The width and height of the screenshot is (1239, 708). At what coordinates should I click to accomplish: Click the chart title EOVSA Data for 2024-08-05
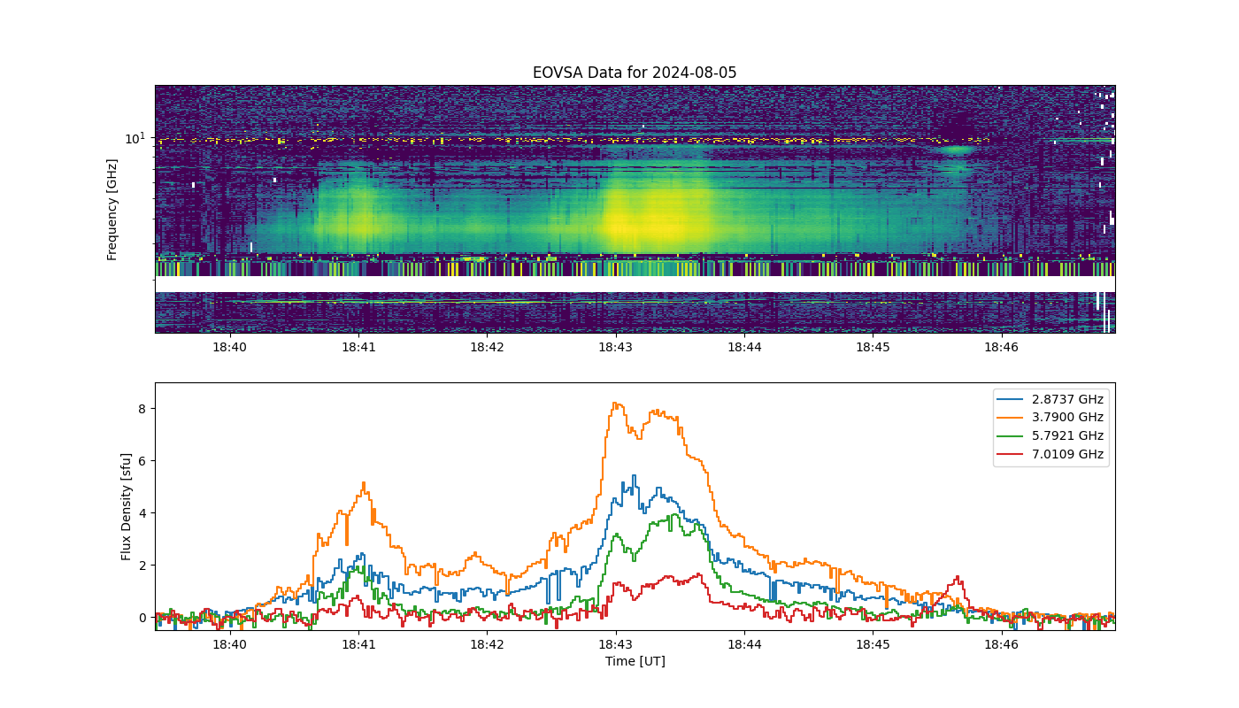635,73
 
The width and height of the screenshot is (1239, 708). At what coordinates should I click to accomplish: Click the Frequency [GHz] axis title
112,210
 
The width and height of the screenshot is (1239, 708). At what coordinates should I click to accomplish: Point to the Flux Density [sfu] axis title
126,506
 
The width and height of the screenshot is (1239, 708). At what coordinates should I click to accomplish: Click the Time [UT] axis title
635,661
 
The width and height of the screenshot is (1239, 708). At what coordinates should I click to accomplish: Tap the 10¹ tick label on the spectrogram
135,138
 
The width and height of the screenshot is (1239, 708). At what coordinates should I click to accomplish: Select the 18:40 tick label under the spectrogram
229,347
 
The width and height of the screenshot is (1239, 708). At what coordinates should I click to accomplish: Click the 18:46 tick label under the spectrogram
1001,347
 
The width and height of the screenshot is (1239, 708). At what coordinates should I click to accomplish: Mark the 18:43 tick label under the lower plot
616,644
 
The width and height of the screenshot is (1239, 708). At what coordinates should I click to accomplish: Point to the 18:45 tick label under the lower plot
873,644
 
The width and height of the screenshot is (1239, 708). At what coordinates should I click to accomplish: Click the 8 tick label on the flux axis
142,409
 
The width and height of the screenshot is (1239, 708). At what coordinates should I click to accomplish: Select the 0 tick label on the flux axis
142,618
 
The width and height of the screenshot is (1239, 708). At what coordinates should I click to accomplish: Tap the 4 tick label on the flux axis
142,513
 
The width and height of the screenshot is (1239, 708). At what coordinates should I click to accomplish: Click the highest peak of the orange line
615,404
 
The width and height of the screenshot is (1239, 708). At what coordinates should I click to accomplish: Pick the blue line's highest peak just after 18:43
634,475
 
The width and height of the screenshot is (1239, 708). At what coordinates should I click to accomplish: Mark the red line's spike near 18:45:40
958,577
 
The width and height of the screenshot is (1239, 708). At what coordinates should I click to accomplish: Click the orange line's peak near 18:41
364,482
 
